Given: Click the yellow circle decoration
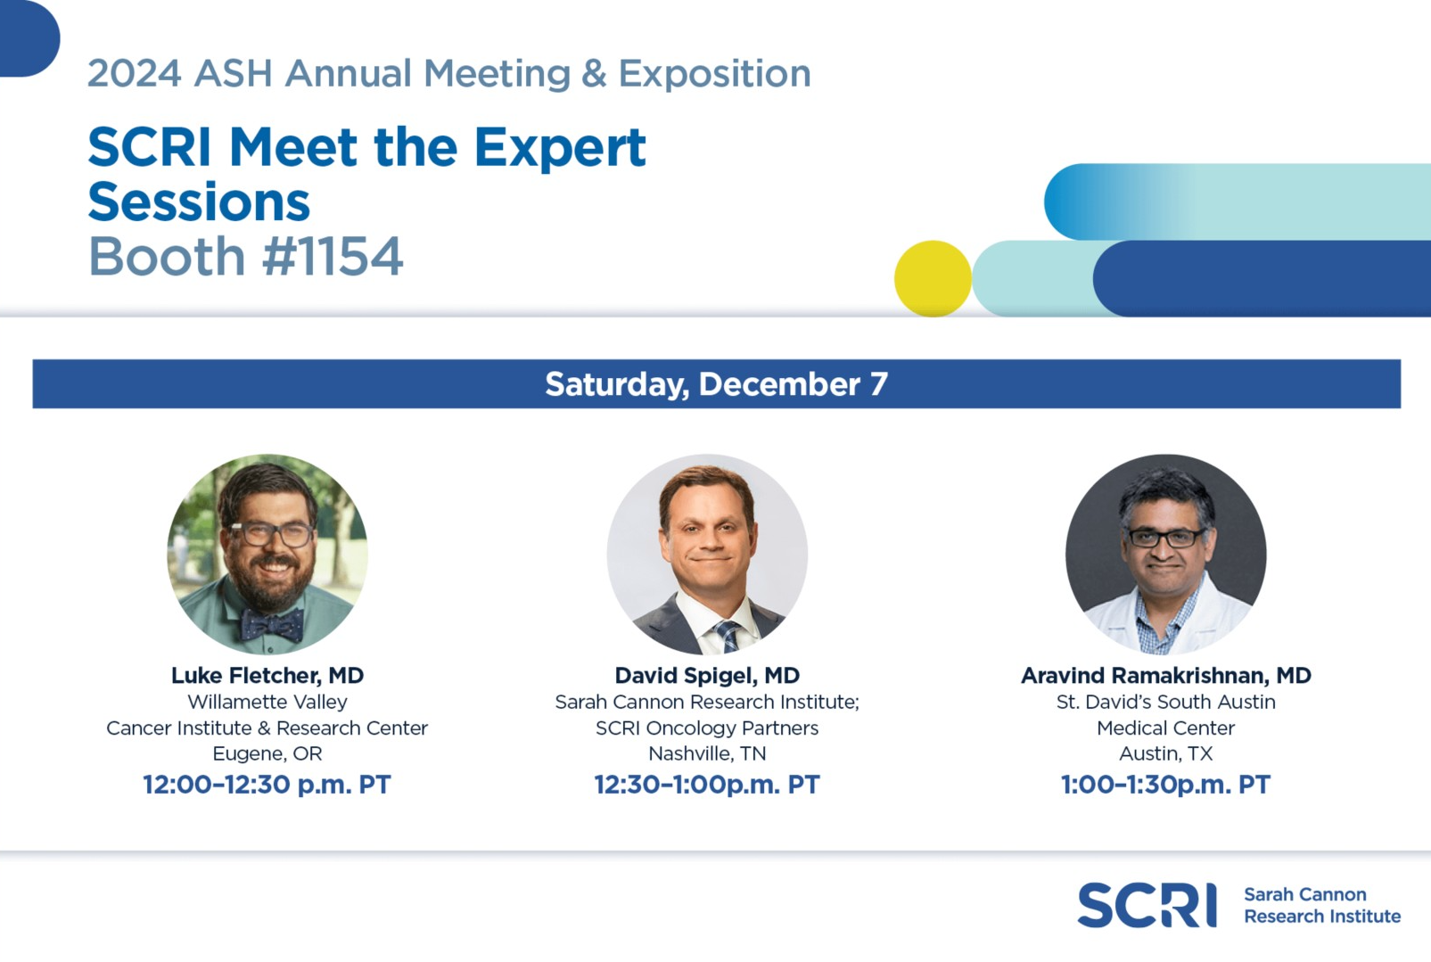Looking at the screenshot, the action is click(933, 278).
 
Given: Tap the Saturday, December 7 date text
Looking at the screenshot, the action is click(716, 384).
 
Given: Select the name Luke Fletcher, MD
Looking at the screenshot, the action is click(267, 675).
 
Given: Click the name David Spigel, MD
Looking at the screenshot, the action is click(707, 675).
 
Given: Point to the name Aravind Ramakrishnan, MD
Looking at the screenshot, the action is click(1166, 675).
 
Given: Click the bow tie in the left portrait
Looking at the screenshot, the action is click(272, 623).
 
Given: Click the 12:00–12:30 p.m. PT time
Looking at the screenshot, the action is click(267, 785).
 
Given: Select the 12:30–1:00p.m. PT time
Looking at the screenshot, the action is click(707, 785).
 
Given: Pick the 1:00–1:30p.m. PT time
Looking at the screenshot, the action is click(1166, 785).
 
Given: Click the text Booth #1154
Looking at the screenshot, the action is click(245, 257).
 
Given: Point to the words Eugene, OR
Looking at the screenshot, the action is click(267, 753).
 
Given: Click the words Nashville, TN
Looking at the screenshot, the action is click(707, 753).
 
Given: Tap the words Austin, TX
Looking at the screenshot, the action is click(1166, 753).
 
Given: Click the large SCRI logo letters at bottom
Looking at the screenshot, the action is click(1147, 905).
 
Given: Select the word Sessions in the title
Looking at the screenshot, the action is click(199, 201).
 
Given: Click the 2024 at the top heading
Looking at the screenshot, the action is click(134, 73).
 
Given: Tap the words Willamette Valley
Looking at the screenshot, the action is click(267, 702).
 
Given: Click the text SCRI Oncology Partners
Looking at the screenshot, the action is click(707, 728).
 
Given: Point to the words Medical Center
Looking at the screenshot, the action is click(1166, 728).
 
